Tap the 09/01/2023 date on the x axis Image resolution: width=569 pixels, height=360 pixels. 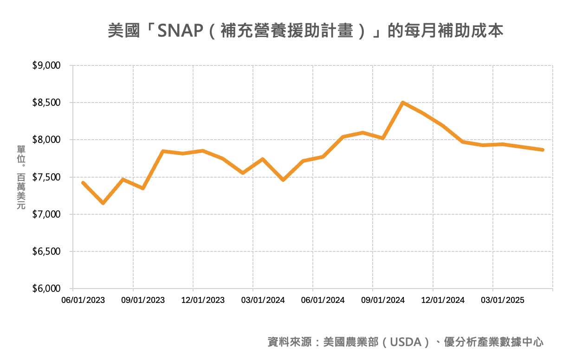point(143,300)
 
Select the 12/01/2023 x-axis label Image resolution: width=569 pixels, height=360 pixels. point(203,300)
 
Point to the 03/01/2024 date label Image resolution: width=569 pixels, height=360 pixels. point(263,300)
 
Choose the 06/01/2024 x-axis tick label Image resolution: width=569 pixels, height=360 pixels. point(323,300)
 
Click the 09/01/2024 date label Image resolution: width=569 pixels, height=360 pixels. point(382,300)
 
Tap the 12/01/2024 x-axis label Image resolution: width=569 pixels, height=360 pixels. point(442,300)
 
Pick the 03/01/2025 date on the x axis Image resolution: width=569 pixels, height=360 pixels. point(502,300)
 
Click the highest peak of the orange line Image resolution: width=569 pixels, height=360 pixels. point(403,103)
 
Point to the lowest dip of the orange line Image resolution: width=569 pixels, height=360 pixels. point(103,203)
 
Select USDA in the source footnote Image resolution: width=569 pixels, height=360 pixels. point(408,342)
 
